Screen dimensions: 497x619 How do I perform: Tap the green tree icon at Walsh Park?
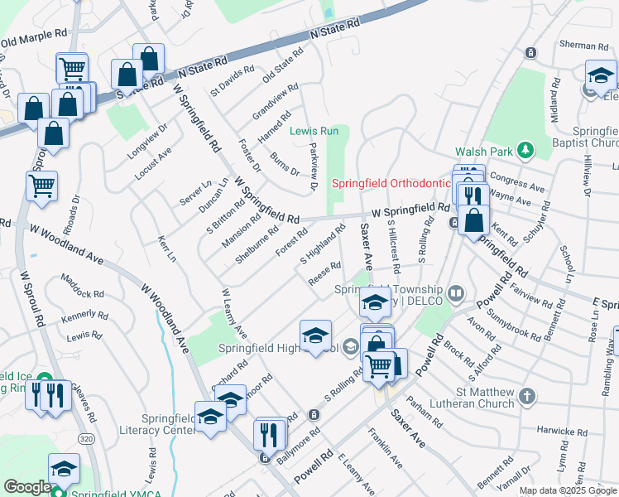[x=523, y=150]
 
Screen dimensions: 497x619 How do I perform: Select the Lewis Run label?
[x=314, y=131]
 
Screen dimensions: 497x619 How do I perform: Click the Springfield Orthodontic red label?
[x=390, y=183]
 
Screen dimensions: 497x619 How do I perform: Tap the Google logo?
[x=26, y=487]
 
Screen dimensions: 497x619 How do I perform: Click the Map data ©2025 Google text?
[x=568, y=490]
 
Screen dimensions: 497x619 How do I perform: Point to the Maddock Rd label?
[x=80, y=294]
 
